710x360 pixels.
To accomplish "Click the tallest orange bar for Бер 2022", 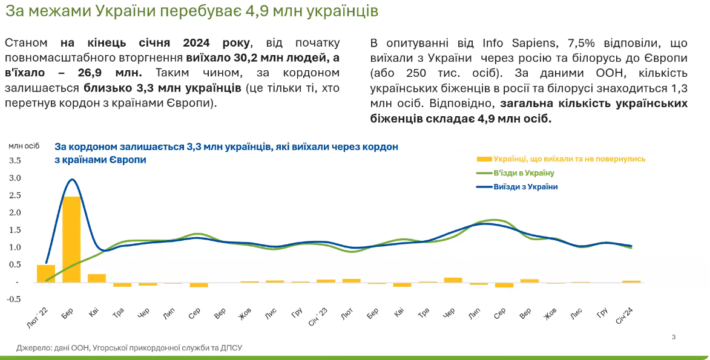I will point(71,239).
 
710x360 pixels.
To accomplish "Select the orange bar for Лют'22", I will point(46,273).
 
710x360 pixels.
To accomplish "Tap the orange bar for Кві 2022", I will point(97,278).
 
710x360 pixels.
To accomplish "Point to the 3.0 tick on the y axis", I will point(15,178).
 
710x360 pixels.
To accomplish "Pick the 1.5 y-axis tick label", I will point(15,230).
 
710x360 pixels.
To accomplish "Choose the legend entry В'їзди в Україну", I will point(524,173).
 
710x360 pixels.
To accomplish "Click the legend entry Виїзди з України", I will point(525,187).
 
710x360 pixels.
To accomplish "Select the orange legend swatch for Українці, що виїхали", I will point(484,159).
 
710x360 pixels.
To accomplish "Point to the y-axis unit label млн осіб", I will point(24,145).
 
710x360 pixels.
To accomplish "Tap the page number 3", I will point(674,336).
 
